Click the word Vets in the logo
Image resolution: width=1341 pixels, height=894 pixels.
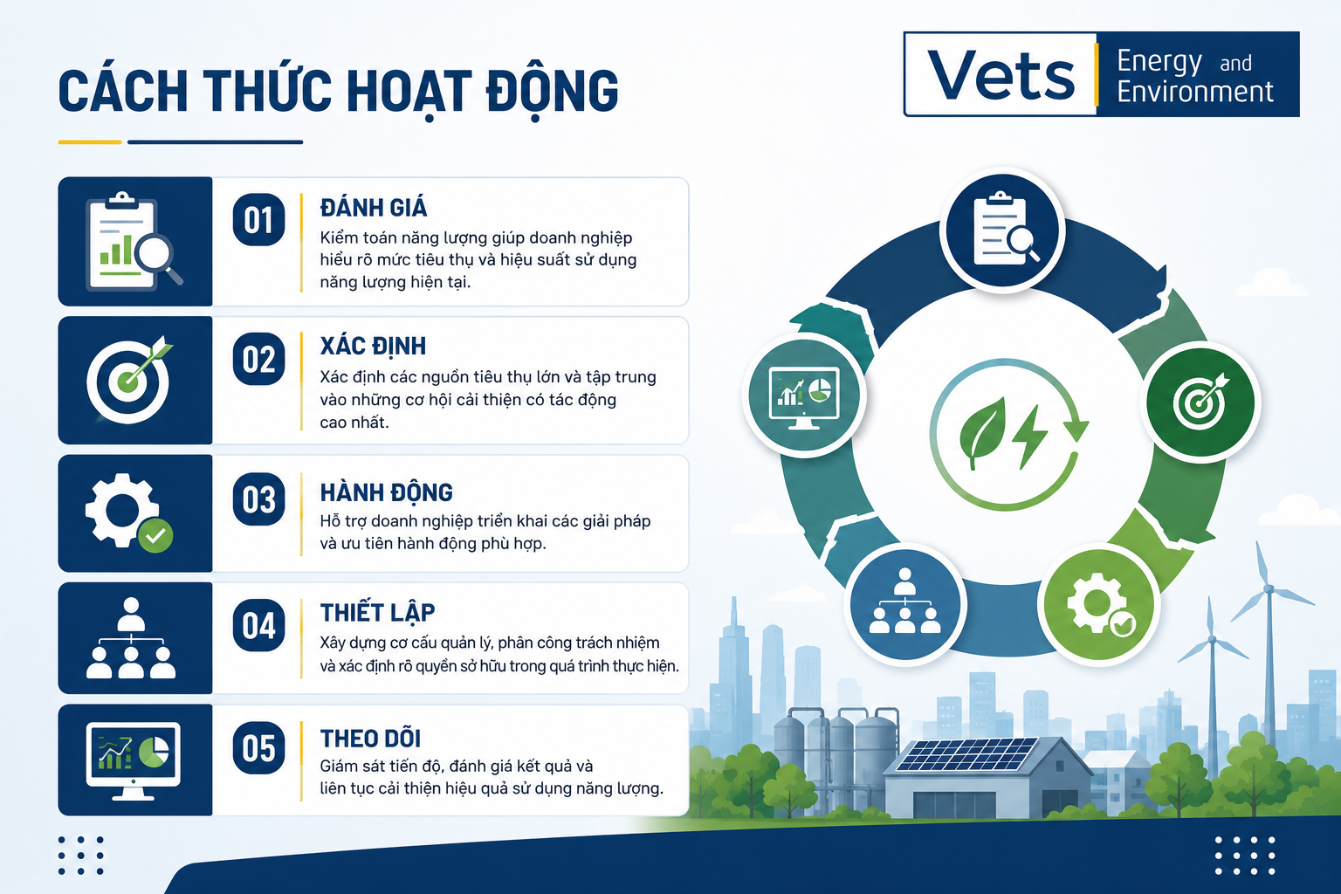[1001, 75]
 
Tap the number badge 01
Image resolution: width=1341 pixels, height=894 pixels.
[258, 220]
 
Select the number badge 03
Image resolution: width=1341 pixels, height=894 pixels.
[258, 499]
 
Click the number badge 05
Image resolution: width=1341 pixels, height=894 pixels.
[258, 748]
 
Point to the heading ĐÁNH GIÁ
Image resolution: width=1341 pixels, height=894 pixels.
[374, 207]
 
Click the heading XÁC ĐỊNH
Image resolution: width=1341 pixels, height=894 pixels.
[373, 347]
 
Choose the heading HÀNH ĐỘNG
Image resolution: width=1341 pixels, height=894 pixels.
[386, 492]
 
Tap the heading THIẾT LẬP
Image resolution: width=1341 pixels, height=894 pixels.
[377, 612]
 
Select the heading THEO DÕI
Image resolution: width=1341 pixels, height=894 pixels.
[370, 739]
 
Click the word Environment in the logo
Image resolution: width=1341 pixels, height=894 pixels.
[1195, 93]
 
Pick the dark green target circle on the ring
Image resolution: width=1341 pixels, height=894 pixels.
[1201, 402]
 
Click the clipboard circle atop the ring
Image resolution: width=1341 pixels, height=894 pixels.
[1003, 230]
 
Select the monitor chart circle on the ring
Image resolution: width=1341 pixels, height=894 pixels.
[804, 395]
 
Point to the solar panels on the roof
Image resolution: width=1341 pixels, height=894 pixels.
[966, 754]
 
